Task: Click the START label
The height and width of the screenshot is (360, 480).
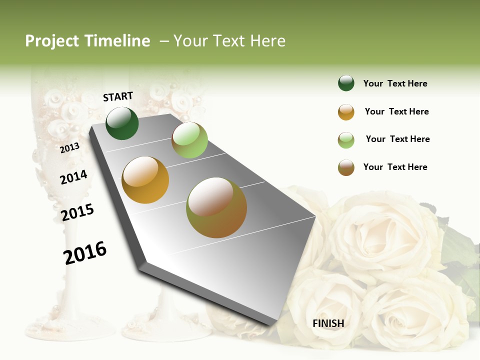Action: (x=118, y=96)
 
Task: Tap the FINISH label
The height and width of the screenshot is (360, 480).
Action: (x=328, y=323)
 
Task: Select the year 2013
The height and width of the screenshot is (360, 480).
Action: (x=70, y=147)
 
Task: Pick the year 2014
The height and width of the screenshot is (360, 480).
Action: (x=73, y=177)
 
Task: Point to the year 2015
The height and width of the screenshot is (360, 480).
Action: (x=77, y=212)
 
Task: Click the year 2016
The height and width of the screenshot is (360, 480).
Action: (x=85, y=252)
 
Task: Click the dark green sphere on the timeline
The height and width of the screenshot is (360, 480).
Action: (x=122, y=123)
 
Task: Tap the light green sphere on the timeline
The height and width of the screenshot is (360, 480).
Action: (x=189, y=140)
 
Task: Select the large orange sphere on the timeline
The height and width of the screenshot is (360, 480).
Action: (x=145, y=180)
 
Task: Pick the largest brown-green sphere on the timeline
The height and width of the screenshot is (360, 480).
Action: (x=216, y=207)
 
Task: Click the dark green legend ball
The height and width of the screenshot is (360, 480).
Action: (x=346, y=83)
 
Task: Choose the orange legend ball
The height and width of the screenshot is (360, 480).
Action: (x=346, y=112)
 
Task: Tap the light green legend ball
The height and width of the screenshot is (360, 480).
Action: (x=346, y=140)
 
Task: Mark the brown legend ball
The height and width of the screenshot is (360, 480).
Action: (x=346, y=167)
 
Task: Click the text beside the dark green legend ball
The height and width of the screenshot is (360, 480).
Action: (x=395, y=83)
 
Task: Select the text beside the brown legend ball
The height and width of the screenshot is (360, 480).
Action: (x=395, y=167)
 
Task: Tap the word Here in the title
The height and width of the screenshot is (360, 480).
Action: (x=267, y=41)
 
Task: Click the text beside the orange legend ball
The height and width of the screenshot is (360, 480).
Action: (x=396, y=111)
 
